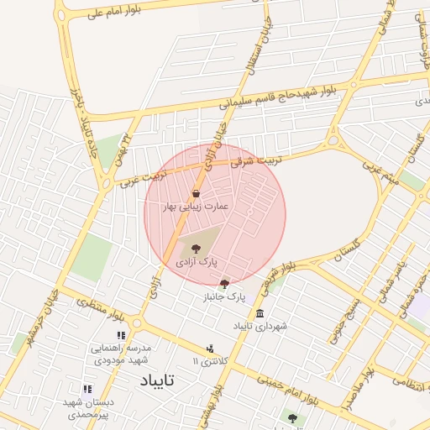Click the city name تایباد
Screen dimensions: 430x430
pyautogui.click(x=158, y=380)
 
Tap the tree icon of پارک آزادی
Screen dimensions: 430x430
pyautogui.click(x=196, y=248)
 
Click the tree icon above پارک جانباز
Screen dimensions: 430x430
pyautogui.click(x=224, y=284)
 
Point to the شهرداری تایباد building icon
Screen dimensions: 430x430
pyautogui.click(x=259, y=313)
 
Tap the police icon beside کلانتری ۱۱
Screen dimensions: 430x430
pyautogui.click(x=210, y=348)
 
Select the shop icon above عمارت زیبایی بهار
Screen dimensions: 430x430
pyautogui.click(x=196, y=194)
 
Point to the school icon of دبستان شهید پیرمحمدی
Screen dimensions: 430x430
pyautogui.click(x=87, y=389)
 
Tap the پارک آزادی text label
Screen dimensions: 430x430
pyautogui.click(x=196, y=263)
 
